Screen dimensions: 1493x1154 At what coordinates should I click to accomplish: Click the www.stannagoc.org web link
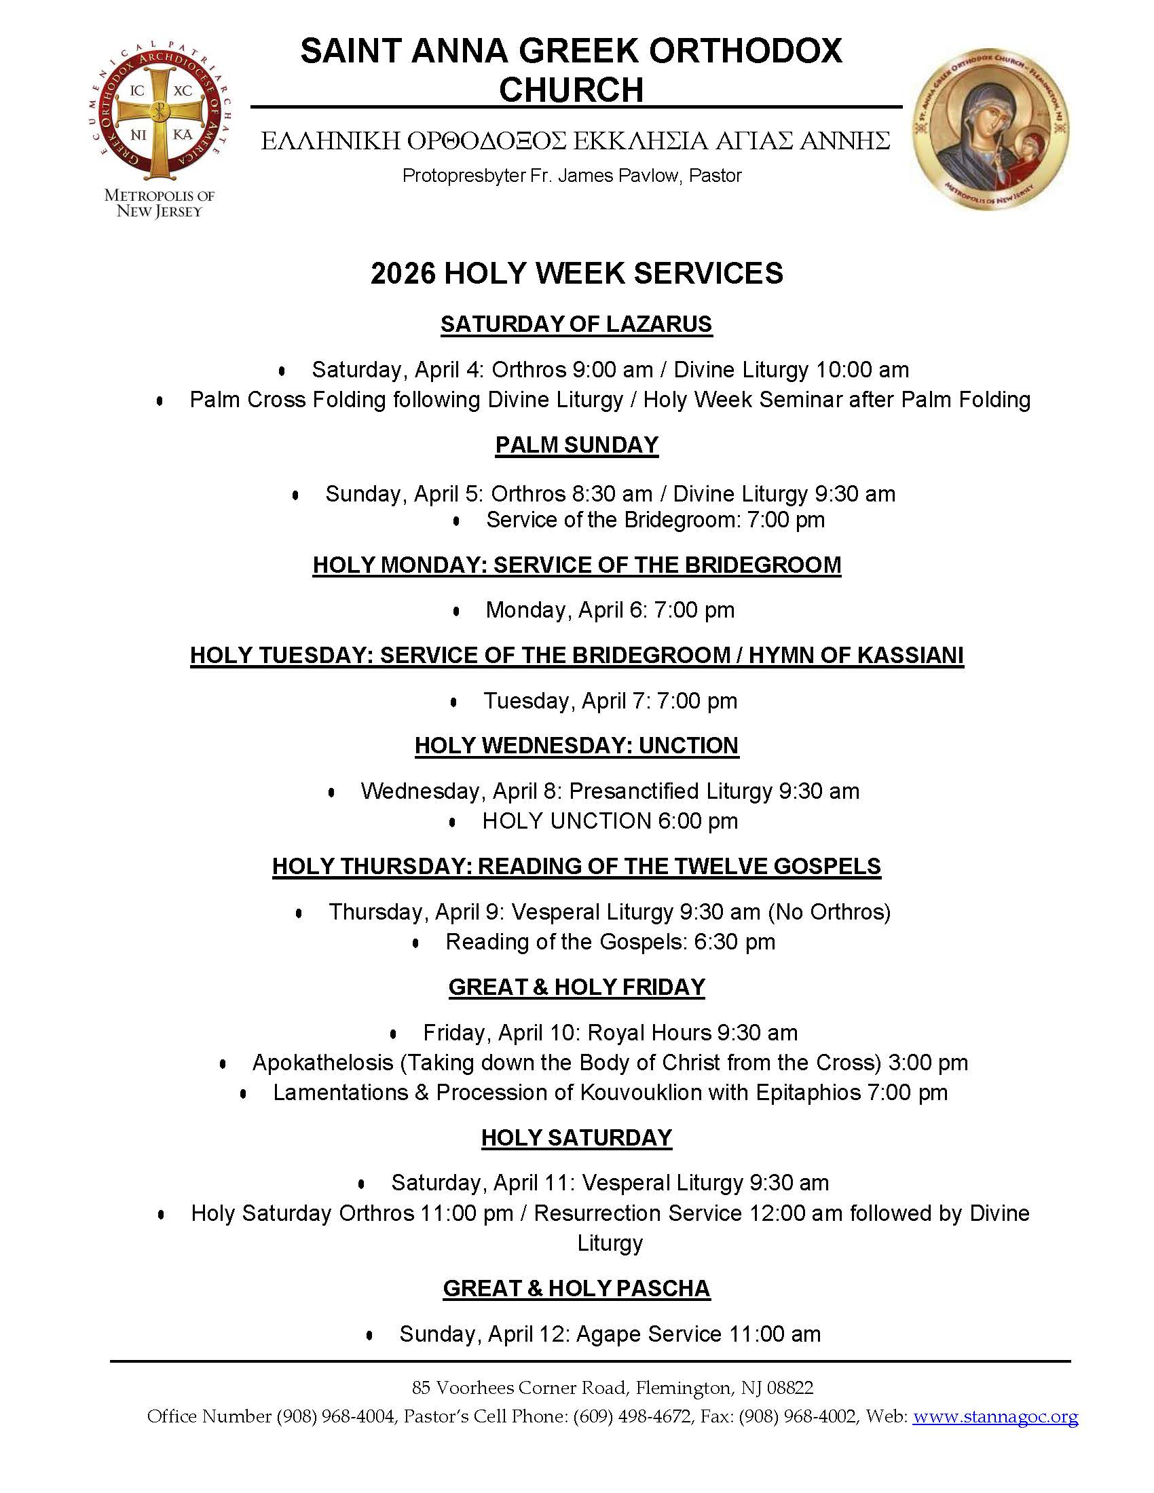994,1417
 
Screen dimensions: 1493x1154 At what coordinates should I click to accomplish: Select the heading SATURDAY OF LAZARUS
576,324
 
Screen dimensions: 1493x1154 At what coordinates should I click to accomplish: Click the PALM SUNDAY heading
576,445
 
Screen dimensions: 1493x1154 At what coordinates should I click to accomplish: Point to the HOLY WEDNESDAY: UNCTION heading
576,745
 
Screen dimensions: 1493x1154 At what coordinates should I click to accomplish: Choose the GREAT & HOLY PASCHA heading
576,1288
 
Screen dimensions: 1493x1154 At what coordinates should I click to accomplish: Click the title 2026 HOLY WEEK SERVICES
576,273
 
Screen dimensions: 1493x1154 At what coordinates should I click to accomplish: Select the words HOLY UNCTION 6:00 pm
610,820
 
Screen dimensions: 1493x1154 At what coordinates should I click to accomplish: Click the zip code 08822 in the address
789,1388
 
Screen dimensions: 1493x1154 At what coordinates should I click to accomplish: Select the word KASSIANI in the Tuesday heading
910,655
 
